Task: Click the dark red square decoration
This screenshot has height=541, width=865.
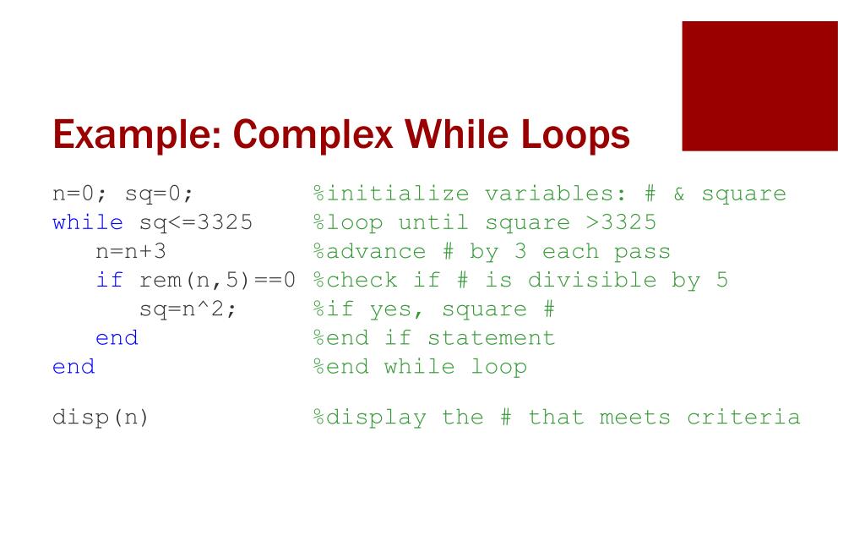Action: pos(759,86)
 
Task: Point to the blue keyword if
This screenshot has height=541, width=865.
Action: pos(110,281)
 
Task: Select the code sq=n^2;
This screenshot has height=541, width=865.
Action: pos(188,309)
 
